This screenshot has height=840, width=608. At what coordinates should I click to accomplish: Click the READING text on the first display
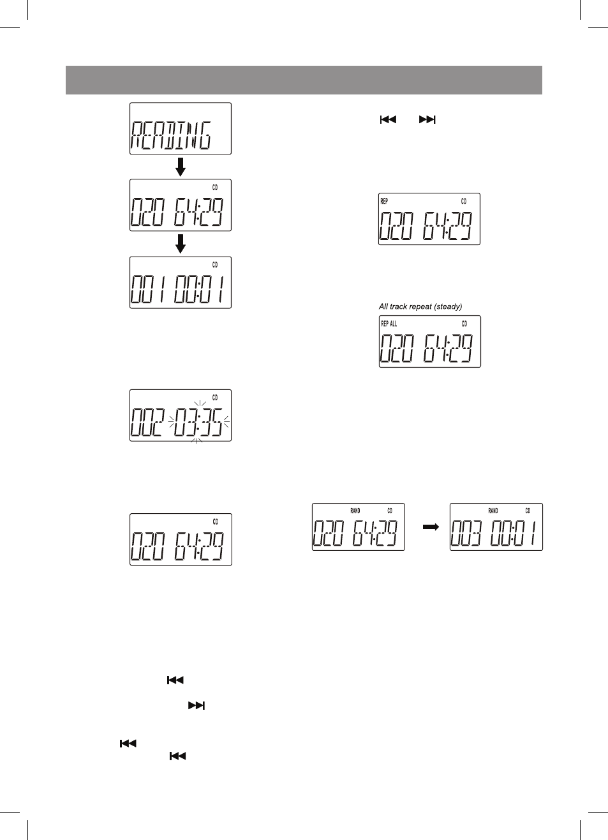170,135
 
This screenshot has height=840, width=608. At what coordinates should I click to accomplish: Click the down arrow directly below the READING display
181,167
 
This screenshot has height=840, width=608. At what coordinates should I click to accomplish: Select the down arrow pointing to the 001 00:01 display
181,244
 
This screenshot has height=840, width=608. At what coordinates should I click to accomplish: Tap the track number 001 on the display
147,289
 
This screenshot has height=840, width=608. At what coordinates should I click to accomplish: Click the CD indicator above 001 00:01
215,265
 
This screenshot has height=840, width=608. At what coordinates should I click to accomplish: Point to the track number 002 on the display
147,422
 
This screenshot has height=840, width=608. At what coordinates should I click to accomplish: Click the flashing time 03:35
198,422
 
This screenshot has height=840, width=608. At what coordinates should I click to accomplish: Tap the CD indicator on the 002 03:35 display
215,398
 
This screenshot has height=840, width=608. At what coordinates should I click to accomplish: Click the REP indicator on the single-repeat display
384,201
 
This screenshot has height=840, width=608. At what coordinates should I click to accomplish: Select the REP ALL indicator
389,324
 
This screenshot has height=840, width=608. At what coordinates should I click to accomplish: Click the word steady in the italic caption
449,307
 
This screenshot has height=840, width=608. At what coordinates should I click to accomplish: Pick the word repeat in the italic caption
420,307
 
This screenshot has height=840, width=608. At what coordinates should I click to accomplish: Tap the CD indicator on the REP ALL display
464,324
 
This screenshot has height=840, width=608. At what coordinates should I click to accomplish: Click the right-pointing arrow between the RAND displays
431,527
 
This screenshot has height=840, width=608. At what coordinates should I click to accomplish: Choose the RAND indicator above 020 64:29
355,511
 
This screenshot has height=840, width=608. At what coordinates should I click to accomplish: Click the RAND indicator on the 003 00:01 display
493,511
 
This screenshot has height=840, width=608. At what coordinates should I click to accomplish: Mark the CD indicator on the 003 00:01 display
528,511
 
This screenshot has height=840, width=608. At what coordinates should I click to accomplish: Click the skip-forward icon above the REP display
427,119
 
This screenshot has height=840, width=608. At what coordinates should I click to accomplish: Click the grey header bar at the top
304,80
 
